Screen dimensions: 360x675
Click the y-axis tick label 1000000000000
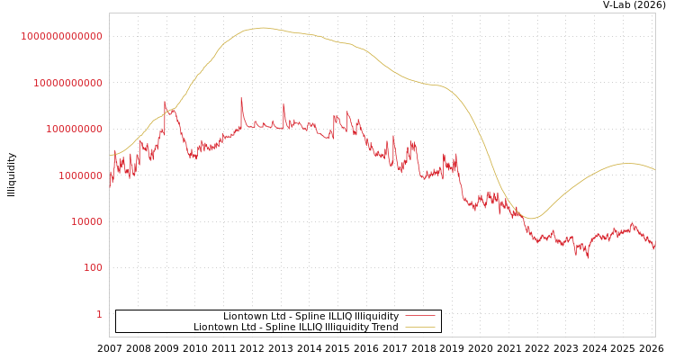point(61,36)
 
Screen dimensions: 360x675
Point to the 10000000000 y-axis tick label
point(67,83)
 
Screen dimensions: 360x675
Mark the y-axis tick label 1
point(99,314)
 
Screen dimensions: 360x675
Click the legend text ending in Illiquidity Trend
point(295,327)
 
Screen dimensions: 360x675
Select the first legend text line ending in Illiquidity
point(310,316)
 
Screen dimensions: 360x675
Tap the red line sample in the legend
point(419,316)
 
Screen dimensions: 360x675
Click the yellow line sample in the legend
point(419,327)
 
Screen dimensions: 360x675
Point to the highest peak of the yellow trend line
point(263,28)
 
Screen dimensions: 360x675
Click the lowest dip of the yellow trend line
point(531,218)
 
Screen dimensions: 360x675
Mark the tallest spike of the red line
point(241,98)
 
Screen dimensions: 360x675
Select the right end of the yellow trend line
point(654,169)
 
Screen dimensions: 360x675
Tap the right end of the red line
point(654,247)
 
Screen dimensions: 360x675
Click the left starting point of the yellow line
point(110,156)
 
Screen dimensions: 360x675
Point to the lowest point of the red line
point(589,257)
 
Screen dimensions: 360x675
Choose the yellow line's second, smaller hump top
point(627,163)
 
